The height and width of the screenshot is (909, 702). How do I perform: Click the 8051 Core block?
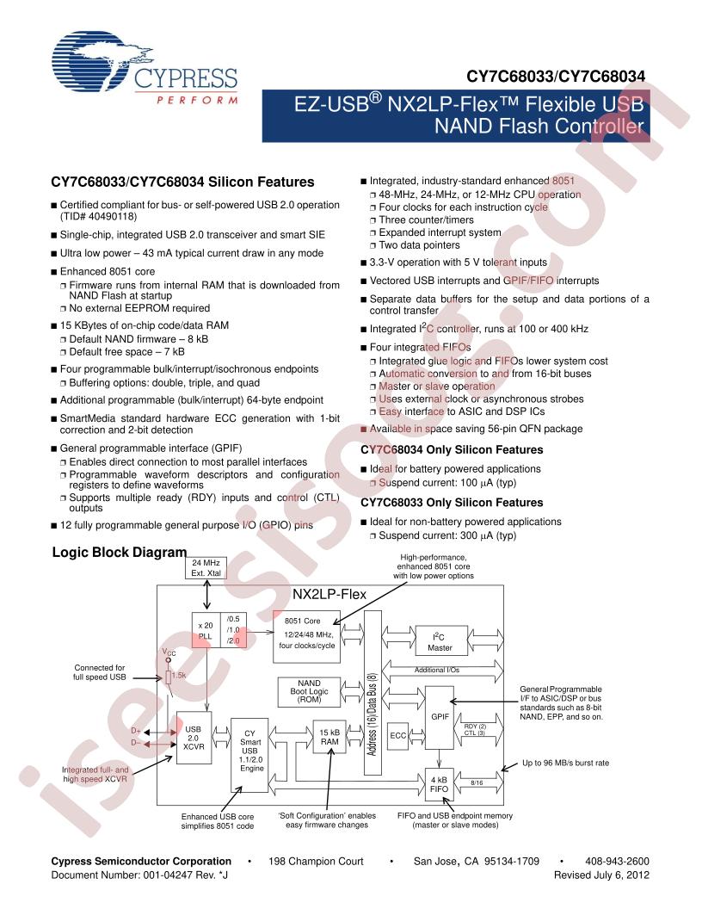[x=305, y=637]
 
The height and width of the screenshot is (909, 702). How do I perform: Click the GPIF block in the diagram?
[x=439, y=716]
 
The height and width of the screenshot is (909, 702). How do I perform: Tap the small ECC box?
[x=398, y=736]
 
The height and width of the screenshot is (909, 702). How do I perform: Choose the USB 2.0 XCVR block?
[x=194, y=739]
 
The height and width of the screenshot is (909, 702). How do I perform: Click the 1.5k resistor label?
[x=180, y=676]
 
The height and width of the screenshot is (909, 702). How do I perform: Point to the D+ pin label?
[x=136, y=731]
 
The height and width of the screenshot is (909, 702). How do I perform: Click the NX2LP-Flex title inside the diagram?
[x=329, y=595]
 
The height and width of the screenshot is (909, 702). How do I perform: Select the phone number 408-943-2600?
[x=614, y=861]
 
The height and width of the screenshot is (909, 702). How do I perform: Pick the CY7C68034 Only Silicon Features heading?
[x=452, y=450]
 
